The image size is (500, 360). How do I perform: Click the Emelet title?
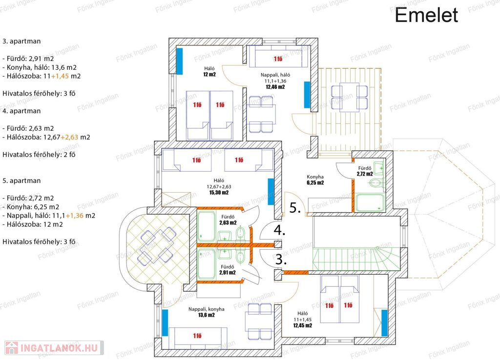[x=426, y=15]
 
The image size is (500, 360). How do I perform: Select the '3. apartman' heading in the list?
[x=21, y=41]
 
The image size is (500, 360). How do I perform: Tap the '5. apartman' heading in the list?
[x=21, y=180]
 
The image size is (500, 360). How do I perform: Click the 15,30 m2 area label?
[x=219, y=192]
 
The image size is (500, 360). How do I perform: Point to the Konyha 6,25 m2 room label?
[x=315, y=180]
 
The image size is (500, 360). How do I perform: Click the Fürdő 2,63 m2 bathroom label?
[x=228, y=220]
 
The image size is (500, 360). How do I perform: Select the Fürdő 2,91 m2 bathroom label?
[x=228, y=270]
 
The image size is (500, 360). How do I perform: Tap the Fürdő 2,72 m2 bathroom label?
[x=365, y=171]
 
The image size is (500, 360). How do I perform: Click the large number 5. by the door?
[x=295, y=208]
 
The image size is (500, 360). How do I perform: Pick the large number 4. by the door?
[x=279, y=230]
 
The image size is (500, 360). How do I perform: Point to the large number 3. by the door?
[x=281, y=260]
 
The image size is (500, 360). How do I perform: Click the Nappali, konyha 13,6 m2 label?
[x=207, y=312]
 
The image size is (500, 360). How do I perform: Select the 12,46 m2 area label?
[x=275, y=87]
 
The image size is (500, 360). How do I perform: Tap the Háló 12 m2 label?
[x=209, y=71]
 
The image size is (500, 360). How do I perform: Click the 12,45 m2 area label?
[x=303, y=325]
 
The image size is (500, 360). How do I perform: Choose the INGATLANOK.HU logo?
[x=54, y=348]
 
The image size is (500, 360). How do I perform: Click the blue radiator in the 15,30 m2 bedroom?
[x=271, y=192]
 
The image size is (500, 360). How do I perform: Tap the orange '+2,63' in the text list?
[x=69, y=137]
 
